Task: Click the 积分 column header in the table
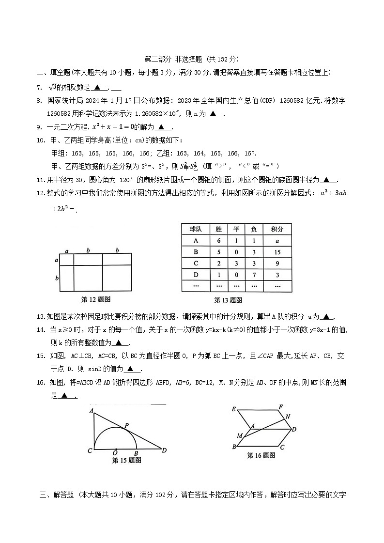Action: click(x=277, y=229)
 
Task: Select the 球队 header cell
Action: click(x=196, y=229)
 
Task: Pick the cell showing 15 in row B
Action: click(x=277, y=252)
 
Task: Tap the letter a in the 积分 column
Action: click(x=277, y=241)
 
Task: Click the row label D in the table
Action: click(x=196, y=275)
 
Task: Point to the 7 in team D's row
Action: click(x=254, y=275)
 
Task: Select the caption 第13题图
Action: click(x=228, y=300)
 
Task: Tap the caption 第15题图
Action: click(x=126, y=460)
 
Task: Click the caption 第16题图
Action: click(x=261, y=455)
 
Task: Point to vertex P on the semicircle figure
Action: click(x=126, y=425)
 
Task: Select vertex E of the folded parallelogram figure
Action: click(x=233, y=409)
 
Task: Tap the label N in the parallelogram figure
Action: click(x=288, y=416)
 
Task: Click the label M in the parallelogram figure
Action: click(x=239, y=436)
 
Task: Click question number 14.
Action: click(x=40, y=329)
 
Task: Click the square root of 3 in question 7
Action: click(x=53, y=87)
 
